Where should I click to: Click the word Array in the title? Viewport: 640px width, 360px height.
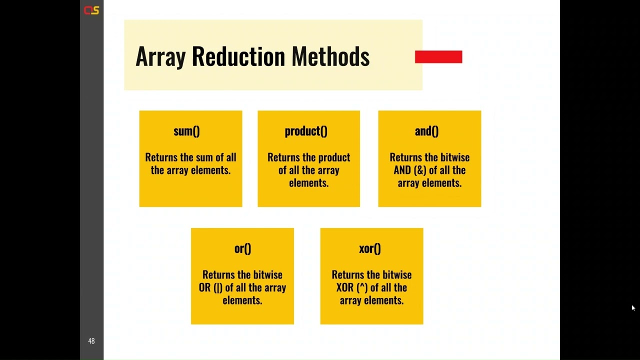(x=160, y=56)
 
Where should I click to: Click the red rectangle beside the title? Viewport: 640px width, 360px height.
(x=438, y=57)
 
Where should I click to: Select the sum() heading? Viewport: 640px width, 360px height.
(x=186, y=131)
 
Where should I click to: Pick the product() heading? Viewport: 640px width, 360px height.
(x=306, y=131)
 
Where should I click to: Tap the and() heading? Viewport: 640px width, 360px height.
(x=426, y=131)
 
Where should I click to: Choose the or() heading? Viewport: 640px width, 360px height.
(x=242, y=248)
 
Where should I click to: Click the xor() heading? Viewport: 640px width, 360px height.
(x=370, y=248)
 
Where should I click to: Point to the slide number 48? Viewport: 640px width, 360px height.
(x=91, y=341)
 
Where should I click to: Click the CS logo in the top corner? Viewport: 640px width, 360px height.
(x=91, y=10)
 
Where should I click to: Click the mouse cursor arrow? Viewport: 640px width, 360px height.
(x=633, y=308)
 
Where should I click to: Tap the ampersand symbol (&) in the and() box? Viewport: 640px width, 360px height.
(x=419, y=170)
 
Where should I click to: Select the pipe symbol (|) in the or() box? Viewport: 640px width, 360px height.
(x=218, y=287)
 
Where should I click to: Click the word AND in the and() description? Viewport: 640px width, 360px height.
(x=402, y=170)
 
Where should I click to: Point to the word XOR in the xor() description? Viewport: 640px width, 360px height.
(x=345, y=287)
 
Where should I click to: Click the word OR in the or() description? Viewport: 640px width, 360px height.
(x=205, y=287)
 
